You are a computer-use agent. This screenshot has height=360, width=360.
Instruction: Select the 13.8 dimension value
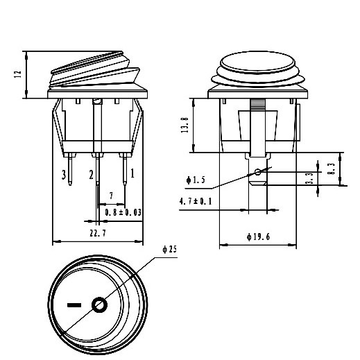[185, 126]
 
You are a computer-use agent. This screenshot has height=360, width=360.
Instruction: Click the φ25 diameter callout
[169, 249]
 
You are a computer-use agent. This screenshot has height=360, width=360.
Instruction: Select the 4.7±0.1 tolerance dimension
[196, 201]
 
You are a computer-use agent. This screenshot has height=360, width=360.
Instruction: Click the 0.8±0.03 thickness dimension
[124, 212]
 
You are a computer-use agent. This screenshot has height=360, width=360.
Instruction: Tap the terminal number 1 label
[132, 169]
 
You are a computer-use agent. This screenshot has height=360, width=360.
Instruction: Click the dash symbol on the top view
[72, 304]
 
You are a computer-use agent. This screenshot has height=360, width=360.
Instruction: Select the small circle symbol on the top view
[99, 304]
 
